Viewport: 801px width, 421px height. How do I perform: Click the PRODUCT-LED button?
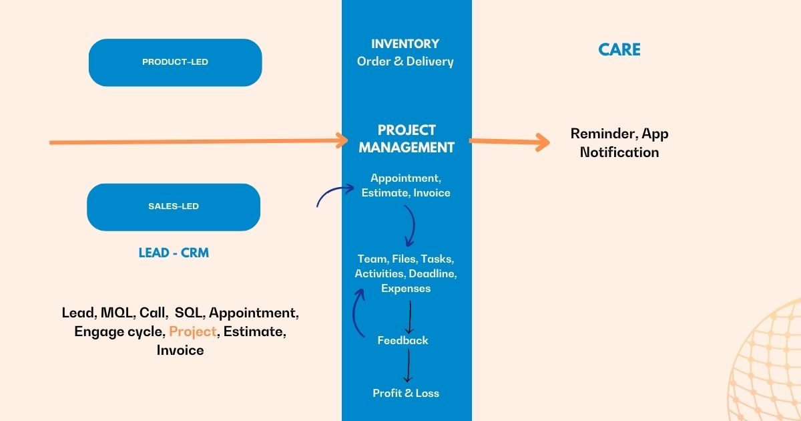pyautogui.click(x=175, y=62)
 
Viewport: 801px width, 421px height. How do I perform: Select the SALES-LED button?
pyautogui.click(x=174, y=206)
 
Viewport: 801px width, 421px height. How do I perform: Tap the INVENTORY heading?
pyautogui.click(x=405, y=44)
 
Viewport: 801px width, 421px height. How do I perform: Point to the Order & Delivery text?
pyautogui.click(x=405, y=61)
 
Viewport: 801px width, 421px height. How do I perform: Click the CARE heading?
pyautogui.click(x=619, y=49)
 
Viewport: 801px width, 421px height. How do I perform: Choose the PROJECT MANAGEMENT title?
pyautogui.click(x=406, y=138)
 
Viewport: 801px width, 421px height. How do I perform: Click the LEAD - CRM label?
pyautogui.click(x=174, y=253)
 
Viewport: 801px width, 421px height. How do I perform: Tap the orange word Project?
pyautogui.click(x=193, y=331)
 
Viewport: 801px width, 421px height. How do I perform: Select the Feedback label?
pyautogui.click(x=403, y=340)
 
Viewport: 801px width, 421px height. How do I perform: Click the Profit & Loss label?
pyautogui.click(x=406, y=393)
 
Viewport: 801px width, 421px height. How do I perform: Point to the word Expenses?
pyautogui.click(x=406, y=289)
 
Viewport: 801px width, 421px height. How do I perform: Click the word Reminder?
pyautogui.click(x=600, y=134)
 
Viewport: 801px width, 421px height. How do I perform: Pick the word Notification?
pyautogui.click(x=619, y=152)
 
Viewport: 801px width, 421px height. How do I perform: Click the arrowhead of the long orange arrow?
pyautogui.click(x=342, y=140)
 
